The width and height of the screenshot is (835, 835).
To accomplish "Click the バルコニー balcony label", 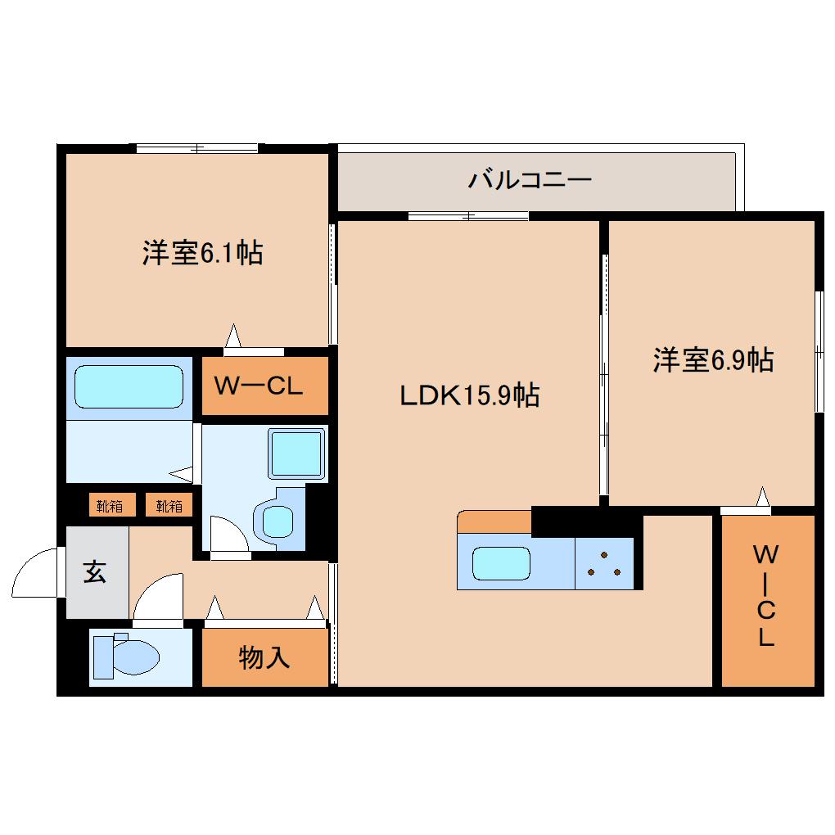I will (530, 179).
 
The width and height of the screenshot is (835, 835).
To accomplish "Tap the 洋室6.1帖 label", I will (202, 253).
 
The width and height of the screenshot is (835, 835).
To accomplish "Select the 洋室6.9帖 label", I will (713, 359).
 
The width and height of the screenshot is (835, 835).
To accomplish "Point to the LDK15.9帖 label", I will (469, 396).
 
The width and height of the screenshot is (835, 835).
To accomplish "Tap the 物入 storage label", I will (264, 657).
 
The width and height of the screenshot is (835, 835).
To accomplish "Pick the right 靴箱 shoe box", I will (169, 506).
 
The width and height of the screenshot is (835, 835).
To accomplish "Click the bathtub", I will (129, 386).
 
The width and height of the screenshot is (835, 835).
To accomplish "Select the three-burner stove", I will (605, 564).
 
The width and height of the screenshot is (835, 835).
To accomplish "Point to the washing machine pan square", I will (296, 453).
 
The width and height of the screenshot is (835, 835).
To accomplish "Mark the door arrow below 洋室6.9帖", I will (763, 497).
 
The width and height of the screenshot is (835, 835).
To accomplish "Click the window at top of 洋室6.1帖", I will (197, 148).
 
